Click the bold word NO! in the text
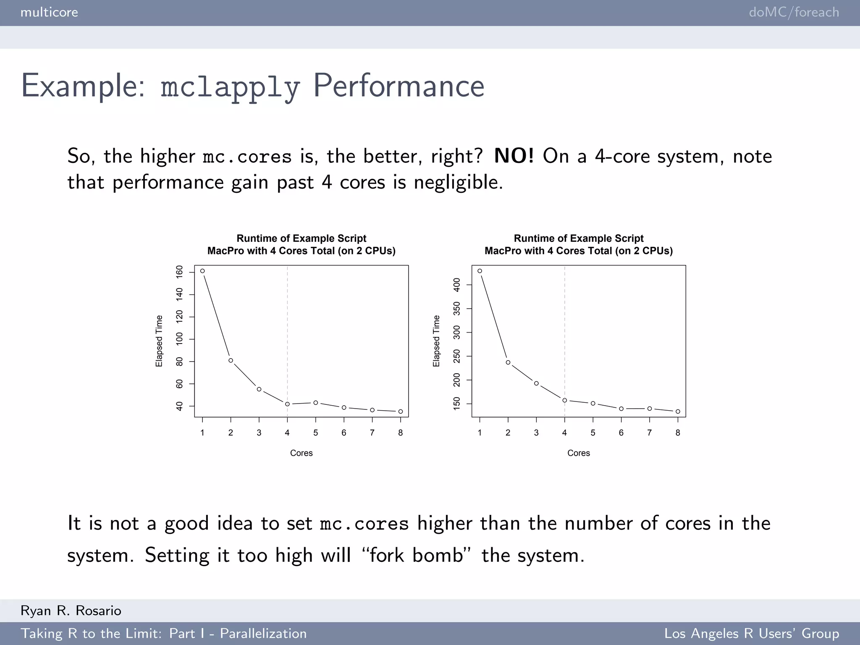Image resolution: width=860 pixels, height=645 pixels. click(514, 156)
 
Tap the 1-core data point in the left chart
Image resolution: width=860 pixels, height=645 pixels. click(202, 271)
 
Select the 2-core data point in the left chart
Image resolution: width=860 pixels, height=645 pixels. click(231, 360)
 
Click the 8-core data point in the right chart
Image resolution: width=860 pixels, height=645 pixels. click(678, 412)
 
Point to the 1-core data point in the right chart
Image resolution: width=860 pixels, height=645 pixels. click(480, 271)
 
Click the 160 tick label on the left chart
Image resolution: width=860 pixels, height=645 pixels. click(180, 272)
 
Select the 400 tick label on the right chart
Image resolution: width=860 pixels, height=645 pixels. click(457, 285)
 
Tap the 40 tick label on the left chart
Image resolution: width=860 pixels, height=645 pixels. click(180, 406)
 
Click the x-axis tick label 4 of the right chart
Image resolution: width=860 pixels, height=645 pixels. click(564, 433)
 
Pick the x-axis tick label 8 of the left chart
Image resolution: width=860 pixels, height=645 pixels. click(401, 433)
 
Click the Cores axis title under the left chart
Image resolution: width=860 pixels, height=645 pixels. click(302, 453)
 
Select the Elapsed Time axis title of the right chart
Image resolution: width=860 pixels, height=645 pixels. click(436, 341)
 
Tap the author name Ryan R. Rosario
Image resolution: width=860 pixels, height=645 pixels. click(71, 611)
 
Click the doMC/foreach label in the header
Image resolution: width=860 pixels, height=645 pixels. click(794, 12)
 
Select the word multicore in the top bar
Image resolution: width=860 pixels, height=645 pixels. click(49, 12)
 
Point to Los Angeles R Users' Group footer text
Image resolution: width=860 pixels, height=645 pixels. click(752, 633)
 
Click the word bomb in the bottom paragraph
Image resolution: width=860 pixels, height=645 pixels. click(438, 555)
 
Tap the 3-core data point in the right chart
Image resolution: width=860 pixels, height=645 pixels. click(536, 383)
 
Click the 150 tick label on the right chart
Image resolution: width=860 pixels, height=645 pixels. click(457, 404)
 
